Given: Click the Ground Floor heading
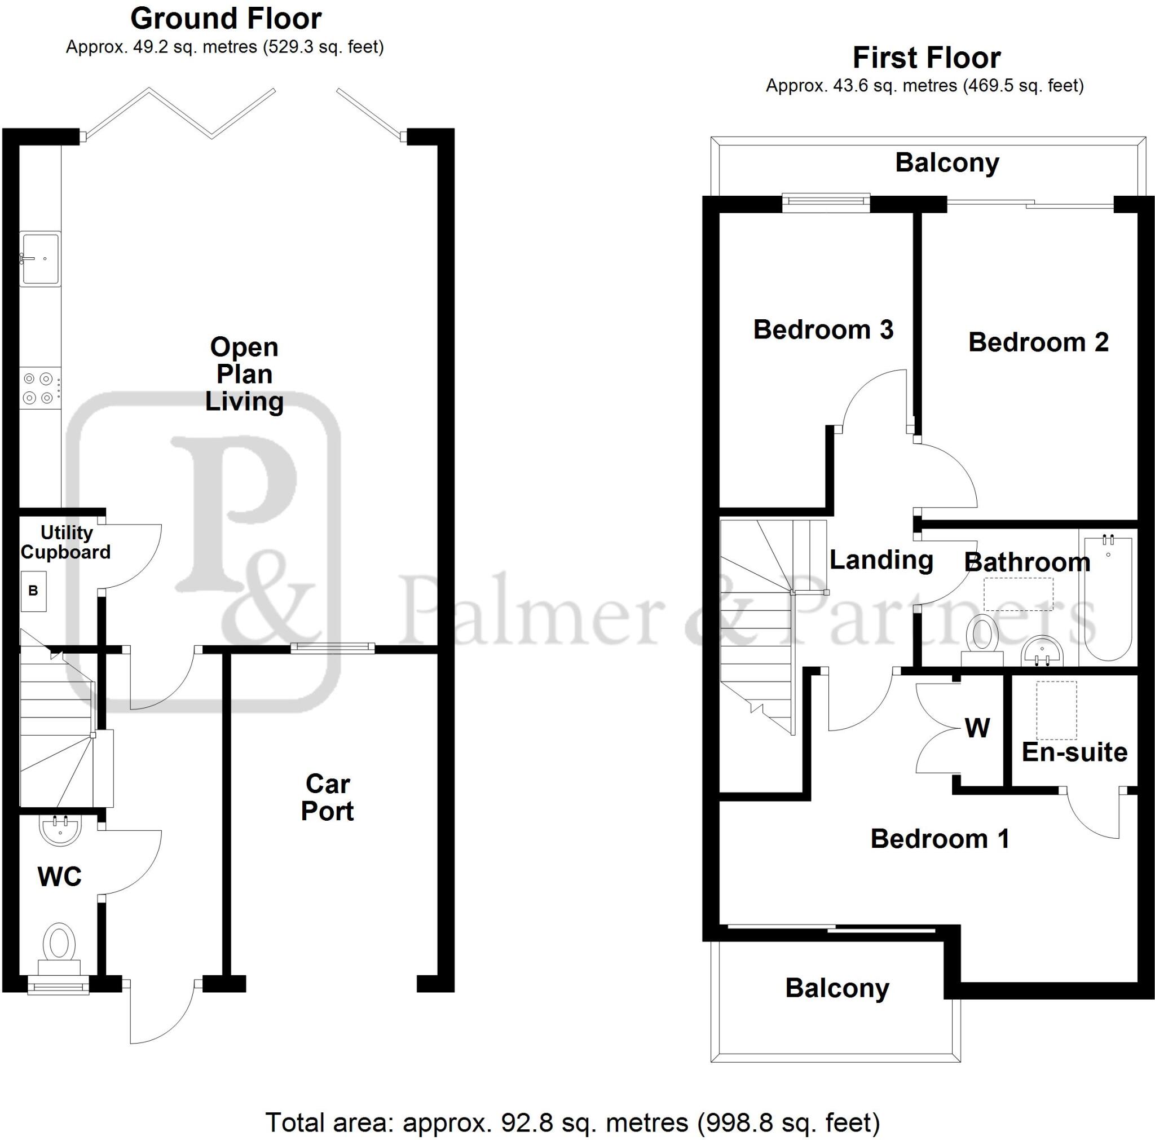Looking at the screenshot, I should point(226,19).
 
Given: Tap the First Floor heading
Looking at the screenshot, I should point(926,58).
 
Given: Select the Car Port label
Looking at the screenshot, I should point(327,798).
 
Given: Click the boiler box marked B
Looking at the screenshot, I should point(33,591).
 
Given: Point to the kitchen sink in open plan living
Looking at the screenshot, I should point(41,259).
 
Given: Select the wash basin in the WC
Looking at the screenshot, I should point(60,830).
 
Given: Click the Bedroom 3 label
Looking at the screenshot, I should point(823,329).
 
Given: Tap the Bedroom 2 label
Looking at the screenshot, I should point(1038,342).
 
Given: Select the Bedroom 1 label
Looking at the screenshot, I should point(940,839).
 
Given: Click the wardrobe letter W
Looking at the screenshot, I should point(977,728).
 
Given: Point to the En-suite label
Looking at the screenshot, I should point(1074,752).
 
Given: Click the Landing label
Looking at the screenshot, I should point(881,560).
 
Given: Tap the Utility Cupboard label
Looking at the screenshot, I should point(66,542).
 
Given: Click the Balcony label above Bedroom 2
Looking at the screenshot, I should point(947,163).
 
